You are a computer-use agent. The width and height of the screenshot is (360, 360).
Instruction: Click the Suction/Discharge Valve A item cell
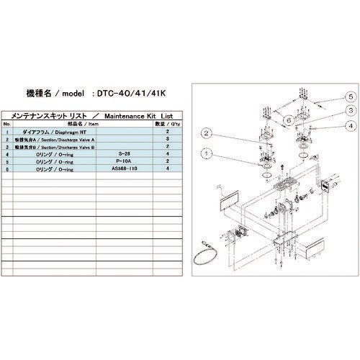[60, 139]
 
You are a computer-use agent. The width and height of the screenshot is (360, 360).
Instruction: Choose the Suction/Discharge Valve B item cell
[60, 146]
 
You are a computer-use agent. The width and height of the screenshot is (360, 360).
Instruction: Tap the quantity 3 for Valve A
[168, 139]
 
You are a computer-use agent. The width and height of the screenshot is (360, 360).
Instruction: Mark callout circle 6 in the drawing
[287, 119]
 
